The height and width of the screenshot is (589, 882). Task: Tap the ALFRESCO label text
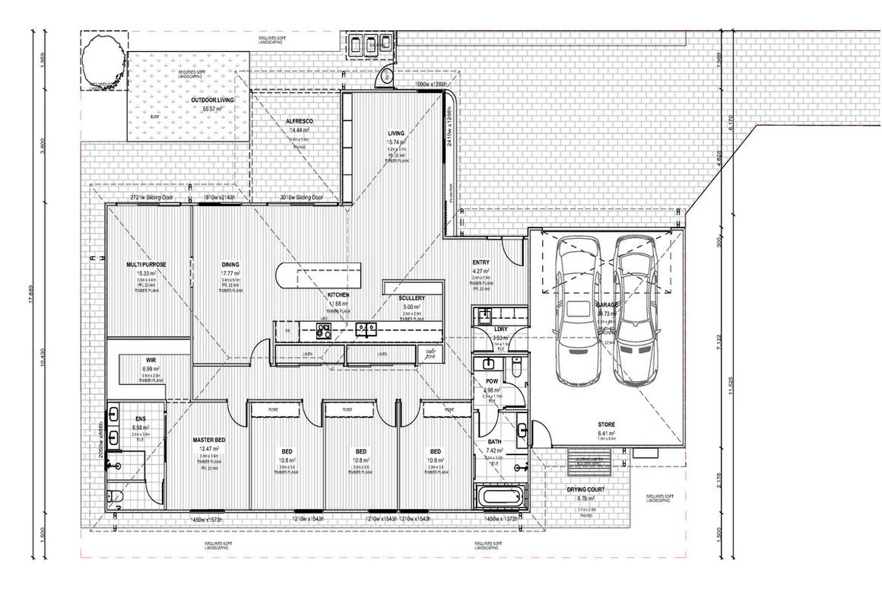click(300, 122)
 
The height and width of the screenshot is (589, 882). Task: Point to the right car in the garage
click(636, 312)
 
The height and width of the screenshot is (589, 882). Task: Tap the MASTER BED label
click(208, 440)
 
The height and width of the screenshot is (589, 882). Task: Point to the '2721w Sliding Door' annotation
click(151, 198)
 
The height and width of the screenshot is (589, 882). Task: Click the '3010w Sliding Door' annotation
click(302, 198)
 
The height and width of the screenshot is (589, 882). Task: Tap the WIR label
click(151, 359)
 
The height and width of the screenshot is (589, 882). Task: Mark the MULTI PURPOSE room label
click(146, 264)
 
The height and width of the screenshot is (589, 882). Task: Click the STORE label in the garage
click(606, 425)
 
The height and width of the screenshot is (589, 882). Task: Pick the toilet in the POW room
click(515, 370)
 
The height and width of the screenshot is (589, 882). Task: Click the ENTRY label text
click(481, 262)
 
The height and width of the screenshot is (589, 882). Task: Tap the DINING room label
click(230, 264)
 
